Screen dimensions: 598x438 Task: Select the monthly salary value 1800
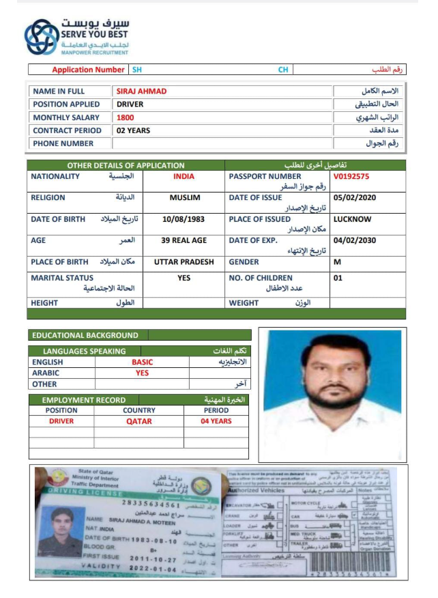(126, 117)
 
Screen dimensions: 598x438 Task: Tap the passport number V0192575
(351, 176)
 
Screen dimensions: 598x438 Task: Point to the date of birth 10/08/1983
(184, 220)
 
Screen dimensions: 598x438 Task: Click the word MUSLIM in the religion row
(184, 198)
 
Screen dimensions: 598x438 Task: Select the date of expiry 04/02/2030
(355, 241)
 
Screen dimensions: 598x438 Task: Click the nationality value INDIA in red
(184, 176)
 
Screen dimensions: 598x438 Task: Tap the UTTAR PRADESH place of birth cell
(184, 262)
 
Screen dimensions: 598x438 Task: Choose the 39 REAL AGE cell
(184, 241)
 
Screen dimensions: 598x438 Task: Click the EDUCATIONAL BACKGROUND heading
(85, 335)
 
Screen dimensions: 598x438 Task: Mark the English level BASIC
(142, 362)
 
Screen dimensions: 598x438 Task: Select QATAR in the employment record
(138, 422)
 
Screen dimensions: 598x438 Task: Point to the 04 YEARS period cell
(216, 422)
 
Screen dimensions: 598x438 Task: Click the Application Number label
(88, 70)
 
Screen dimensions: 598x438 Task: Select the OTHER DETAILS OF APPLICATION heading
(126, 165)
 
